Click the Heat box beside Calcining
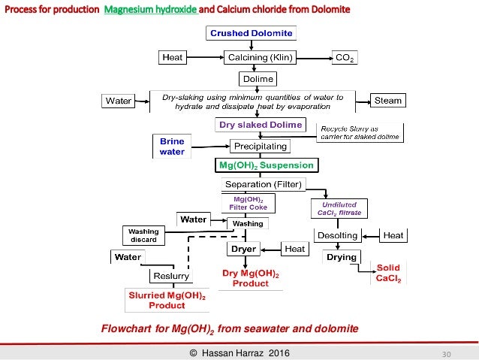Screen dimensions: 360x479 (173, 57)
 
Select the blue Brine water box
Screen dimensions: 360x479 (172, 146)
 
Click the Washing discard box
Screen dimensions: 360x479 (143, 235)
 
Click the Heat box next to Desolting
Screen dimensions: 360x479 (393, 235)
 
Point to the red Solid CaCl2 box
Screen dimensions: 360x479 (388, 273)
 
